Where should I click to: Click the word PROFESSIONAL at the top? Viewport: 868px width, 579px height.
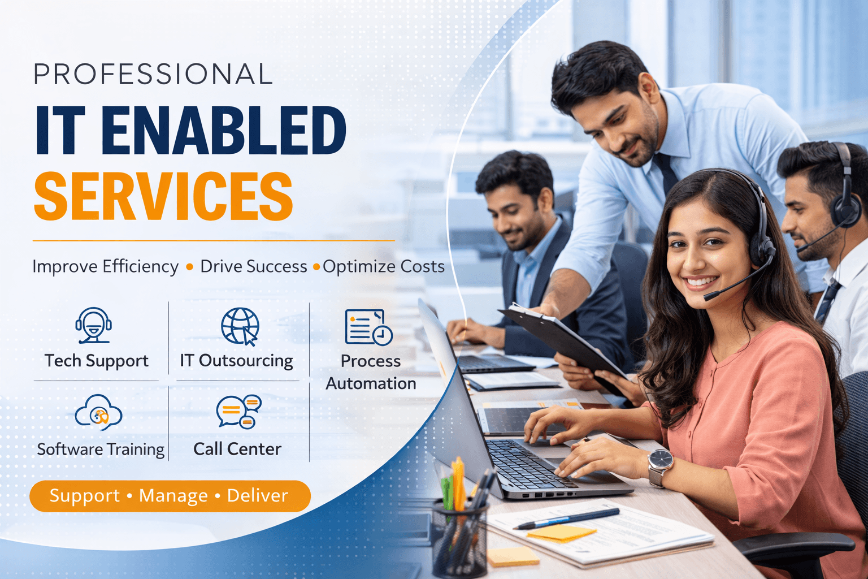[153, 74]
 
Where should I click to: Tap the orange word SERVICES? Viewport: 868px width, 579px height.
[163, 196]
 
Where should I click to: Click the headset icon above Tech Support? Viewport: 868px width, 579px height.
[94, 325]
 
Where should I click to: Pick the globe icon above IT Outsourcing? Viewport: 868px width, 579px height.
[240, 326]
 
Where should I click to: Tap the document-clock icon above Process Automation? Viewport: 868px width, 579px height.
[368, 327]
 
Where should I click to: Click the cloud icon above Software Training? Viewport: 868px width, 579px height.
[99, 412]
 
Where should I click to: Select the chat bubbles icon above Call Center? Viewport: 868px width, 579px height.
[238, 412]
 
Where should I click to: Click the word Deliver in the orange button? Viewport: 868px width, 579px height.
[258, 496]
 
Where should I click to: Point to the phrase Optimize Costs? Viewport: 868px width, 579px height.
[384, 266]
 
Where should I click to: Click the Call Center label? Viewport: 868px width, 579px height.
[237, 449]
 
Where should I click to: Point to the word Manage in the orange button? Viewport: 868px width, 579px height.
[173, 496]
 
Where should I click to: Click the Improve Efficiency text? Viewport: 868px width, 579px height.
[106, 266]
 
